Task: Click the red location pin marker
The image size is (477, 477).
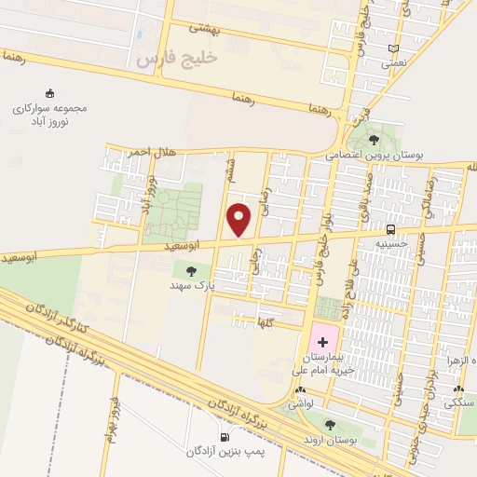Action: pyautogui.click(x=240, y=220)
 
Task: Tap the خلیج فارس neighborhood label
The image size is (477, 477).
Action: pyautogui.click(x=176, y=58)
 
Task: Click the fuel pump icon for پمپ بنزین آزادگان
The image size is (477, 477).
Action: pyautogui.click(x=225, y=437)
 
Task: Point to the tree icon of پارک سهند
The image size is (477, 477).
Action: pyautogui.click(x=191, y=271)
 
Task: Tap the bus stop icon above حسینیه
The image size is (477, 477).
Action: pyautogui.click(x=390, y=228)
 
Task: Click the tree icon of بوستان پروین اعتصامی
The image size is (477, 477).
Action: pyautogui.click(x=374, y=140)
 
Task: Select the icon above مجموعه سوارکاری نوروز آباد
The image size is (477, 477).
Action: pyautogui.click(x=48, y=93)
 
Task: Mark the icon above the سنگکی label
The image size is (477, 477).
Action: pyautogui.click(x=457, y=389)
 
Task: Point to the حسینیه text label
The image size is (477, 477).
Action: pyautogui.click(x=390, y=243)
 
